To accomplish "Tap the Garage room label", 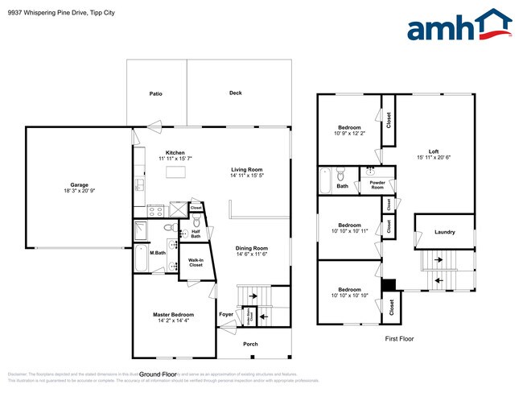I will [78, 184].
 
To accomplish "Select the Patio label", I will [156, 94].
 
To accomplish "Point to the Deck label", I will [235, 93].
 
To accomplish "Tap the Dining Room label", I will [251, 248].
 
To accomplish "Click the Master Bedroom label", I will [173, 314].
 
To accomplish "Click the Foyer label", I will [226, 314].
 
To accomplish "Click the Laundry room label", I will [444, 233].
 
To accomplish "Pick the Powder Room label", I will [377, 185].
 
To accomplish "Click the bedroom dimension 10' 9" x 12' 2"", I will [349, 134].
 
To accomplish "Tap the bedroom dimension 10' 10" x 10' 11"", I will [349, 231].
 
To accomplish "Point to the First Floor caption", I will [399, 339].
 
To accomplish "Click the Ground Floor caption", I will [158, 374].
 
